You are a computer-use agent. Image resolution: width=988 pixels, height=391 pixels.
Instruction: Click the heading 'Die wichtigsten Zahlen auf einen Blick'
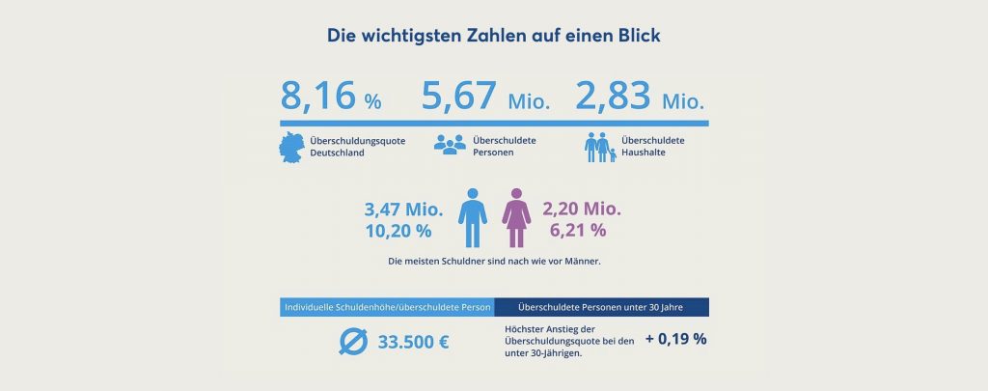493,36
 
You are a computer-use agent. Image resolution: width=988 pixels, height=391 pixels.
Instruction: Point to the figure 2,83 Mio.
641,98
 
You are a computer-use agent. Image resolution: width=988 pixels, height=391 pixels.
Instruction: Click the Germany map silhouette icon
290,147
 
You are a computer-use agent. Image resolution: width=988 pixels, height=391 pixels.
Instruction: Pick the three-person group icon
449,146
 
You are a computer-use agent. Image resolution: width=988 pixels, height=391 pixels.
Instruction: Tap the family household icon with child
600,147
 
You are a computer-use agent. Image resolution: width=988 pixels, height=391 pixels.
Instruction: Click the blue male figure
472,218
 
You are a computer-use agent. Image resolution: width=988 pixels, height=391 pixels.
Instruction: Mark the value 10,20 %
398,232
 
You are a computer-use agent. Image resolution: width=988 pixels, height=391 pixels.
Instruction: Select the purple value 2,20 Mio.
582,209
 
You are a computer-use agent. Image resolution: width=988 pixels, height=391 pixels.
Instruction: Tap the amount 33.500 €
416,343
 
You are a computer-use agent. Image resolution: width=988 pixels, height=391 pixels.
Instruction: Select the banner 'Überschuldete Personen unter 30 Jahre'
601,308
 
